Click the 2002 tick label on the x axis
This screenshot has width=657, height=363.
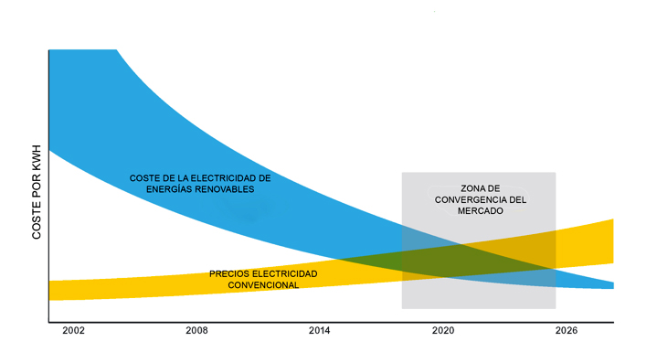73,330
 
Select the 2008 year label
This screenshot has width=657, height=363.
196,330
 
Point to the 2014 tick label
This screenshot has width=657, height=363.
320,330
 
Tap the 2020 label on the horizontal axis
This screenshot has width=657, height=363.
443,330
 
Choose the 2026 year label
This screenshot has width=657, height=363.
567,330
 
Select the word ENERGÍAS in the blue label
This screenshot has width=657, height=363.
166,188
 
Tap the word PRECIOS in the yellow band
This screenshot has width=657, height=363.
229,273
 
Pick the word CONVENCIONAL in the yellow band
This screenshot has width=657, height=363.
263,285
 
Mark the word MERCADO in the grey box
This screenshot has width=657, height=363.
479,210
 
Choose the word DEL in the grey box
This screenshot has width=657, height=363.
518,199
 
